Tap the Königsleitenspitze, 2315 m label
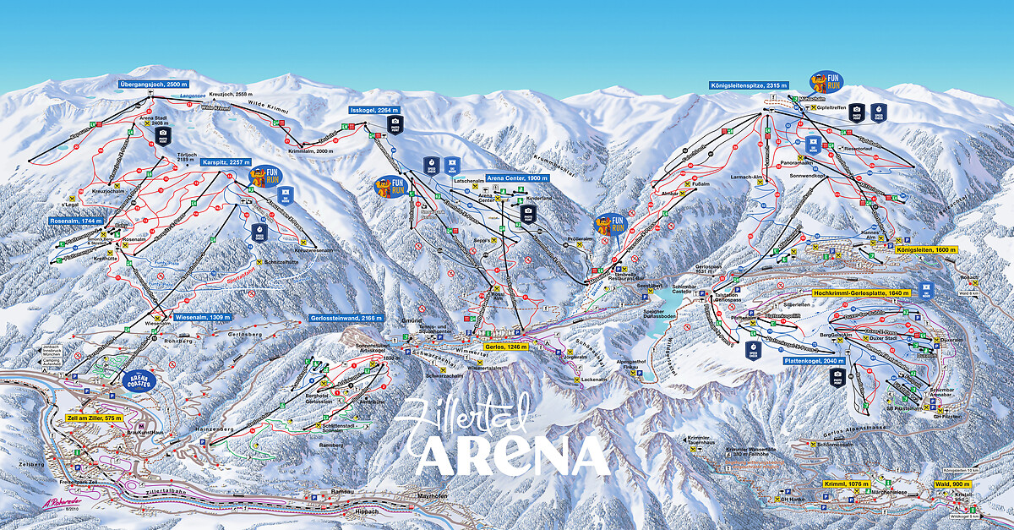749,85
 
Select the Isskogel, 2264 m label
373,110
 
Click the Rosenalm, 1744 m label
76,221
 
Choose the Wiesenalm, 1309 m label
202,317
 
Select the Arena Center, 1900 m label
518,179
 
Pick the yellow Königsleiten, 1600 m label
925,250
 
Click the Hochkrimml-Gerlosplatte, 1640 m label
861,292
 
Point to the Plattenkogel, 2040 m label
814,360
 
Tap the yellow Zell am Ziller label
94,418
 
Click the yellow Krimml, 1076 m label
846,484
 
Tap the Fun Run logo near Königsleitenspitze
824,82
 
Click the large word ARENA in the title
513,457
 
